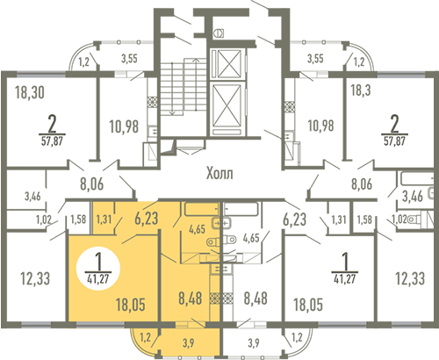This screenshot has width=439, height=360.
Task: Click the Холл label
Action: point(219,173)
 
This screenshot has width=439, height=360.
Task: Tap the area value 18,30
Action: point(30,92)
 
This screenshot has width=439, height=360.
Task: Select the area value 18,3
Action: point(361,90)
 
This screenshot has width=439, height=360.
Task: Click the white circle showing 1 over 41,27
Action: point(98,269)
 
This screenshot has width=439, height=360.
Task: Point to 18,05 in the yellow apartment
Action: point(131,305)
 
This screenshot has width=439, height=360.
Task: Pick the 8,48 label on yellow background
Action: point(191,298)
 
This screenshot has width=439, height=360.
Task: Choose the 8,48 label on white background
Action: point(255,298)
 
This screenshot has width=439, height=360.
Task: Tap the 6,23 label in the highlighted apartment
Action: point(147,219)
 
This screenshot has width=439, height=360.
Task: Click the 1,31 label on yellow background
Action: point(104,220)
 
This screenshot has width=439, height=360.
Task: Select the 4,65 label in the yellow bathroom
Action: point(197,229)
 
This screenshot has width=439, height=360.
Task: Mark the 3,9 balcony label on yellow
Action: point(189,342)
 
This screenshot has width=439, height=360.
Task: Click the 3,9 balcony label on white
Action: point(254,342)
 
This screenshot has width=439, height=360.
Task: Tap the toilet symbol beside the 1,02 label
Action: point(414,219)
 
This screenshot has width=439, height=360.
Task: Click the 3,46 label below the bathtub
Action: point(413,196)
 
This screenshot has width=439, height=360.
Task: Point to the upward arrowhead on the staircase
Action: point(196,61)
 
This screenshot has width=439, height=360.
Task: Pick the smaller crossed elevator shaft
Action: point(227,64)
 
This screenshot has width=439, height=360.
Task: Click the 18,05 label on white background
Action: point(308,305)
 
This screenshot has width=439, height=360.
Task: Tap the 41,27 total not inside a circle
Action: point(345,278)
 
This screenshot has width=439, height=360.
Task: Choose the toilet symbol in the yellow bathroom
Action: point(214,241)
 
